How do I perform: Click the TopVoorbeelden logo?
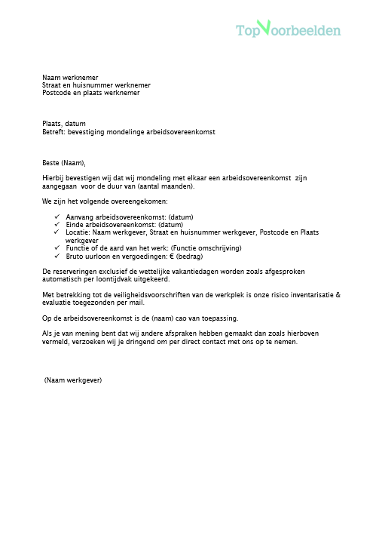[288, 29]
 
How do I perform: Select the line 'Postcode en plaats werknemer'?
[90, 93]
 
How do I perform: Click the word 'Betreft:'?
[54, 132]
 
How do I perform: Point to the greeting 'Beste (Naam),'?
[64, 162]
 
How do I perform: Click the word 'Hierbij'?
[53, 178]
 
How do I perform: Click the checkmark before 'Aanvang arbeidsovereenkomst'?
[58, 217]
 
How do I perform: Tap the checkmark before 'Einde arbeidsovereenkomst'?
[58, 225]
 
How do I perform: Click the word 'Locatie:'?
[78, 232]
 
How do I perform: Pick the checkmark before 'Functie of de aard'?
[58, 247]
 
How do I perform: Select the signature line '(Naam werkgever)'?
[72, 380]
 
